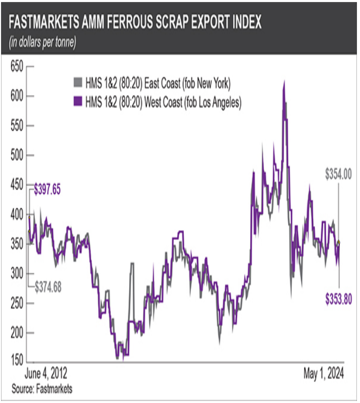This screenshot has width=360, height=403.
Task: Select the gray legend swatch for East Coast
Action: pos(77,82)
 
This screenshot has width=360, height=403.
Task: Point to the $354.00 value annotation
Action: pos(338,175)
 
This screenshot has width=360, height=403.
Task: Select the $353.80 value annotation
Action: pos(338,300)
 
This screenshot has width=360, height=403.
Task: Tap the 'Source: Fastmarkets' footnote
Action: pos(42,389)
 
